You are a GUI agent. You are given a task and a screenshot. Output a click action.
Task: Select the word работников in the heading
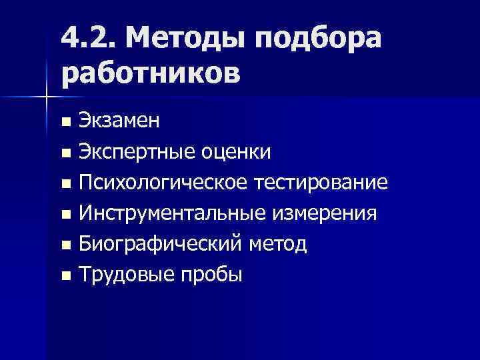pyautogui.click(x=150, y=73)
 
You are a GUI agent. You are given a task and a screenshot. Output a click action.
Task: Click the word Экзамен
pyautogui.click(x=119, y=122)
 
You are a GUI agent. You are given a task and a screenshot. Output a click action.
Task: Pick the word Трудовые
pyautogui.click(x=123, y=275)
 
